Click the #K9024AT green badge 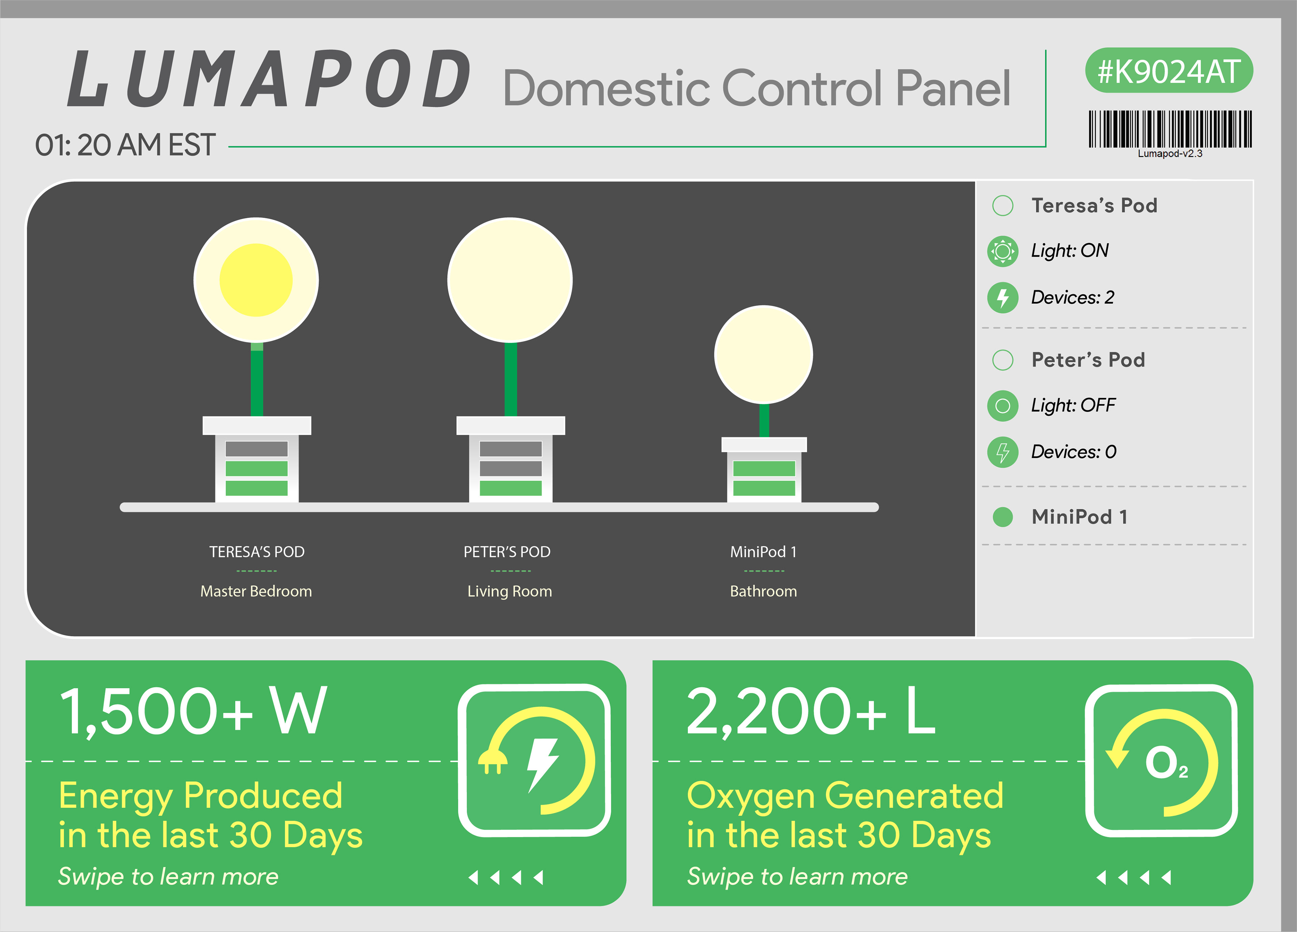point(1169,70)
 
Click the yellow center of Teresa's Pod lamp point(256,280)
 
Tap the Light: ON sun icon point(1002,251)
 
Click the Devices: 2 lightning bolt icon point(1002,297)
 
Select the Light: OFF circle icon point(1002,406)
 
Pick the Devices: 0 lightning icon point(1002,452)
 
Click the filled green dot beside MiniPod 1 point(1002,517)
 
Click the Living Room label point(510,591)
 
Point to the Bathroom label point(763,591)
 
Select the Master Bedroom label point(256,591)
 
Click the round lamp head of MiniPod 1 point(763,354)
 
